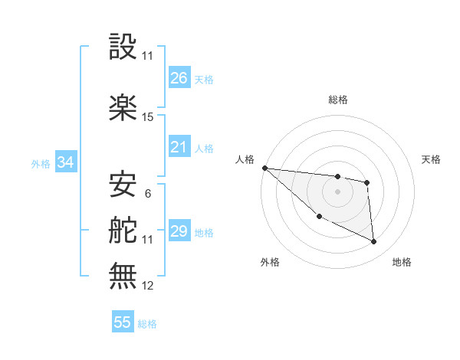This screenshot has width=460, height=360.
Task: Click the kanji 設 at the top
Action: click(123, 47)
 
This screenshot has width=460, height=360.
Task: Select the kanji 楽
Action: click(123, 107)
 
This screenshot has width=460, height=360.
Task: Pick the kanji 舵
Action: click(123, 231)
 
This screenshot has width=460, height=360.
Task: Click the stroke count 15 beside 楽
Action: click(148, 117)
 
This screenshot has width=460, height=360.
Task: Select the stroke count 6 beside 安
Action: click(147, 194)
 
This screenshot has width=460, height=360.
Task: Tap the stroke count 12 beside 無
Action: click(148, 286)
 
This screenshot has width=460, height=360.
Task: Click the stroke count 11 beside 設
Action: click(148, 56)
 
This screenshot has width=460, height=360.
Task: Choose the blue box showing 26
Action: click(179, 78)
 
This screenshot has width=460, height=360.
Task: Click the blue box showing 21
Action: click(179, 147)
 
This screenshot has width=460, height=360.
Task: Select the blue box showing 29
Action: click(179, 231)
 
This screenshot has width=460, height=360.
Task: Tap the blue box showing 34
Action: click(65, 162)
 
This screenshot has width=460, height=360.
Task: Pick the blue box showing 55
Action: click(123, 322)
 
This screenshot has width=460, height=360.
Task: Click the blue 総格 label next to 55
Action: click(147, 324)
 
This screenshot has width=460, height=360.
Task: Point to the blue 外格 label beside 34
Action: click(41, 164)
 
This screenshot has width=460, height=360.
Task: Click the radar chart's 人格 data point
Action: click(264, 168)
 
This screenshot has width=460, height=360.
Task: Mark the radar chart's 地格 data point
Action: click(374, 242)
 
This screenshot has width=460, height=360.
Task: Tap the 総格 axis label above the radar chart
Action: click(337, 100)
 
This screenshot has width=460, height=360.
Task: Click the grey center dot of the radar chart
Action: click(337, 191)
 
